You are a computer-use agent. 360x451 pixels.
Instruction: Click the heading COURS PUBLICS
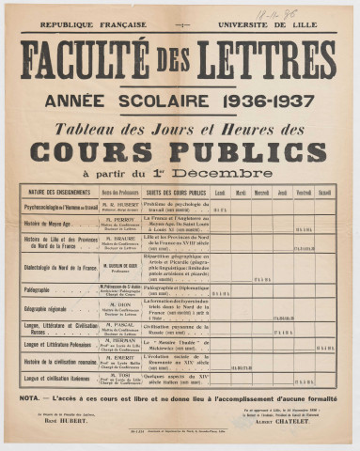point(179,151)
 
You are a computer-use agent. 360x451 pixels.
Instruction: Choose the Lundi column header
point(220,193)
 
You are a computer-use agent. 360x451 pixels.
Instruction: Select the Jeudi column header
point(282,193)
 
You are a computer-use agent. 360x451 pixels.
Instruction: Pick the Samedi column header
point(325,193)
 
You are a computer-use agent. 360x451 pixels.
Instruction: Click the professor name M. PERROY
point(120,218)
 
